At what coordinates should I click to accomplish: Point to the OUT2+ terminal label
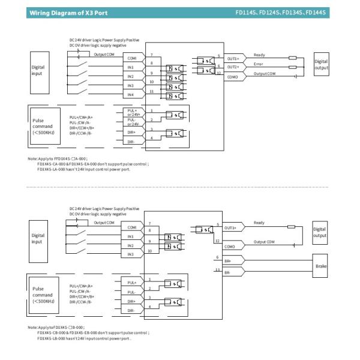pos(233,68)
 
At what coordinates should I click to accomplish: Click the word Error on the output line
pos(259,64)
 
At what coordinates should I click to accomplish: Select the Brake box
pos(320,265)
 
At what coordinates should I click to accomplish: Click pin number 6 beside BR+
pos(217,257)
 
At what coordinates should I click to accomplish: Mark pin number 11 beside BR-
pos(217,270)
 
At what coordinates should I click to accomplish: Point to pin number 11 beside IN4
pos(151,91)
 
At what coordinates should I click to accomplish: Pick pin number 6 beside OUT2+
pos(219,65)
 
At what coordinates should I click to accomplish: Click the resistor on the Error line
pos(293,67)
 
